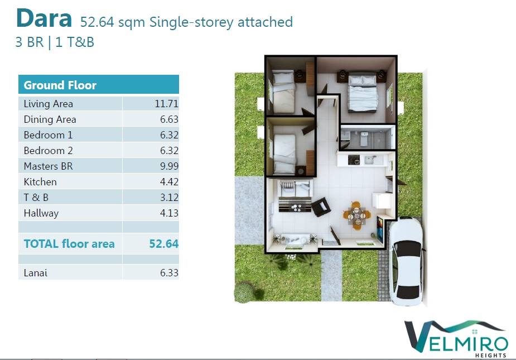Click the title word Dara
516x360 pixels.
click(x=44, y=18)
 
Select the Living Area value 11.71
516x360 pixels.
click(x=166, y=104)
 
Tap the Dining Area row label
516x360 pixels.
click(x=50, y=119)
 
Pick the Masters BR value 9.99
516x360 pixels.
click(x=169, y=166)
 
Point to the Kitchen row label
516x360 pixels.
click(x=40, y=181)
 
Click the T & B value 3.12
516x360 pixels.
click(x=169, y=197)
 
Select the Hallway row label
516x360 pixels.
click(x=41, y=213)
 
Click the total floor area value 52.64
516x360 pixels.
click(x=163, y=244)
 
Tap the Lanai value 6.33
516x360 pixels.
click(x=169, y=273)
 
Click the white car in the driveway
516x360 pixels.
click(x=406, y=261)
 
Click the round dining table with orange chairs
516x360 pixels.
click(x=356, y=216)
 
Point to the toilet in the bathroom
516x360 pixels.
click(x=364, y=138)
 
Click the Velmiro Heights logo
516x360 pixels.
click(x=456, y=338)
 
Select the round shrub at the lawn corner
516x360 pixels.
click(x=244, y=291)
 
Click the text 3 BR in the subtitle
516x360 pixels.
click(x=30, y=42)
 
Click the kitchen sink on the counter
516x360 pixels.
click(x=370, y=160)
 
